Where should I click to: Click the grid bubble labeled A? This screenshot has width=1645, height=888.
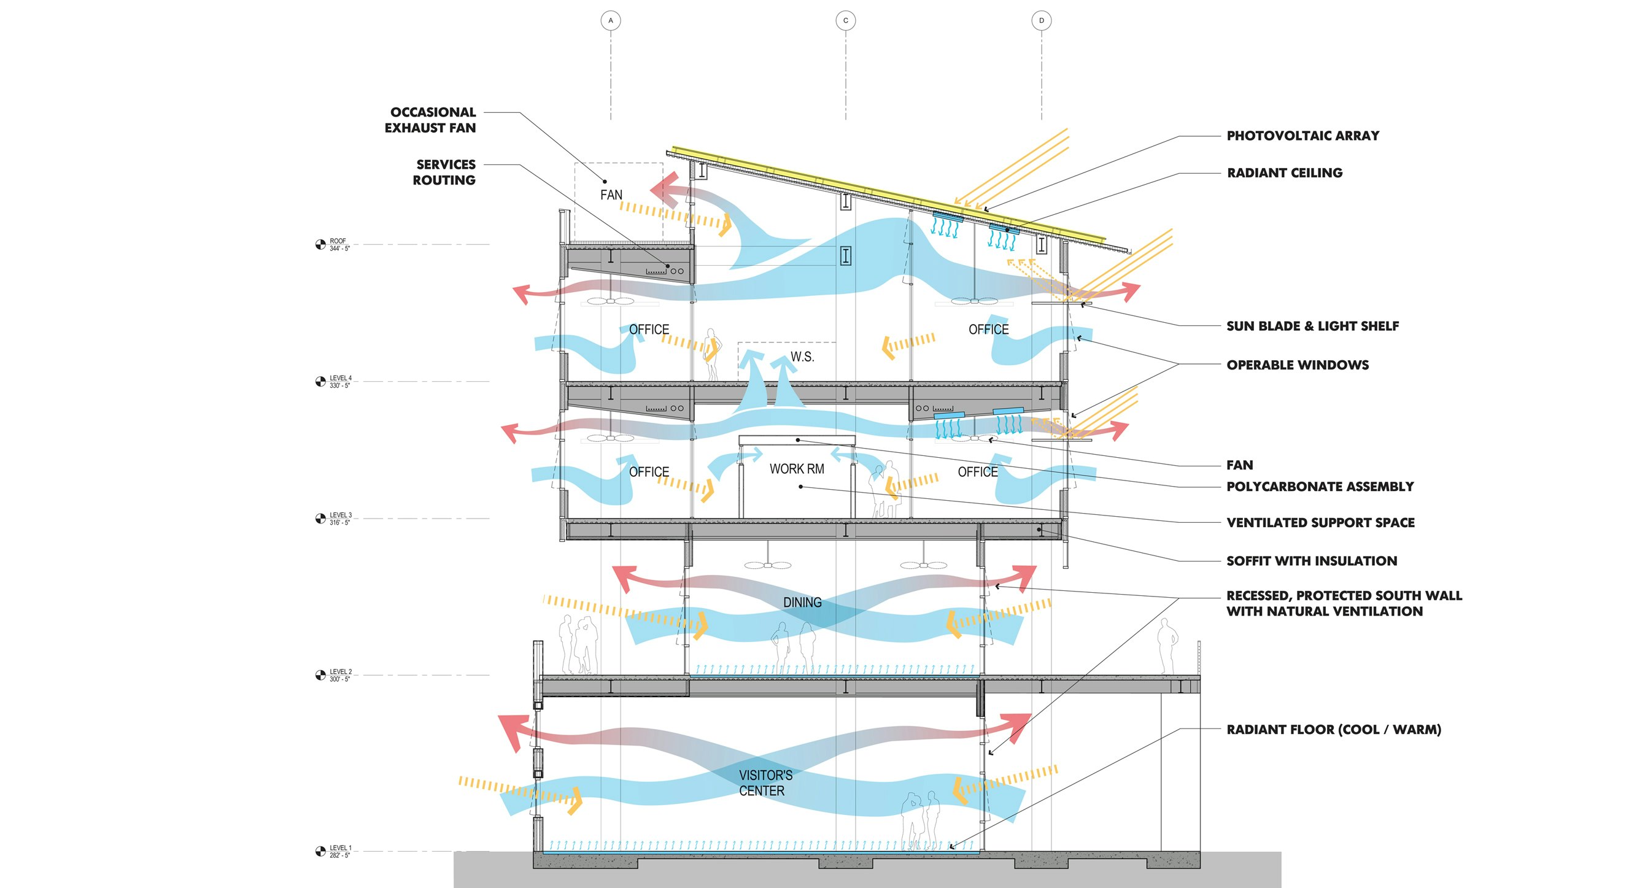[x=611, y=21]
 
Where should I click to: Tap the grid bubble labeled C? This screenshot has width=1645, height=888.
[x=845, y=21]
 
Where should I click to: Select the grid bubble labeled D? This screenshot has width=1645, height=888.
[x=1042, y=21]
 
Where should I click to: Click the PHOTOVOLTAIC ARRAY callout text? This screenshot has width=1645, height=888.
[x=1302, y=136]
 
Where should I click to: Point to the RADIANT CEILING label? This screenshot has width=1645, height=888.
[x=1284, y=172]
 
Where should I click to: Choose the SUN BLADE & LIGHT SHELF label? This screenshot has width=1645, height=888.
[x=1312, y=326]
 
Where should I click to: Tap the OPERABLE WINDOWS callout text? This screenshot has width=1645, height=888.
[x=1298, y=365]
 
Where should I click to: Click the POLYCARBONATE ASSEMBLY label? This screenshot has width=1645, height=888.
[x=1320, y=487]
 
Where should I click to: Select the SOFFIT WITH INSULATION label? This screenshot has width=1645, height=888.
[x=1312, y=561]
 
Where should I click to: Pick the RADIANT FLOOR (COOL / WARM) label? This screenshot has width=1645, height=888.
[x=1333, y=730]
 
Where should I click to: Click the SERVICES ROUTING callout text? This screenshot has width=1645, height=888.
[x=444, y=172]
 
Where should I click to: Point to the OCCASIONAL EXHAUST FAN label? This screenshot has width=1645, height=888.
[x=431, y=120]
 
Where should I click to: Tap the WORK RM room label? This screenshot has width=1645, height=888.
[x=796, y=469]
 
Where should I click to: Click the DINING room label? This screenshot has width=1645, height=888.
[x=802, y=603]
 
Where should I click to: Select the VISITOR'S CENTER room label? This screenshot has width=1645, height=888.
[x=765, y=782]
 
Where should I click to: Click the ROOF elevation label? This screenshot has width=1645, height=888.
[x=339, y=244]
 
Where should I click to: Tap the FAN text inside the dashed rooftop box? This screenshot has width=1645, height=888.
[x=611, y=195]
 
